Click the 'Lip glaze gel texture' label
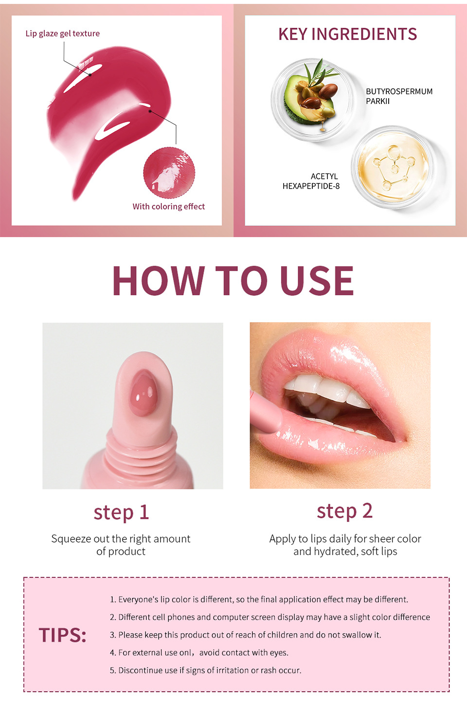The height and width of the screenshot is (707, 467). (62, 34)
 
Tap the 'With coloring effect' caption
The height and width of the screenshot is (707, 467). (168, 207)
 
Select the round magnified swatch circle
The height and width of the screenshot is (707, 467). (169, 173)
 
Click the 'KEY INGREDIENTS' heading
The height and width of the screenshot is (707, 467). (347, 34)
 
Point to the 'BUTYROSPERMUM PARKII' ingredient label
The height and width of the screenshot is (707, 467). (399, 96)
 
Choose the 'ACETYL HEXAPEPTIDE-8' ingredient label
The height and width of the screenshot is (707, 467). (312, 181)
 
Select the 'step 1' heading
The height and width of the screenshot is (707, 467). (121, 513)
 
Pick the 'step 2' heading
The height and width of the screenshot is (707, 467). (344, 511)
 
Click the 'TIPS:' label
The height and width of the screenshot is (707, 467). (63, 635)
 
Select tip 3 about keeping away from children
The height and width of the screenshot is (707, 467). (245, 635)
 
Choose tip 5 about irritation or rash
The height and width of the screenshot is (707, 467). (205, 671)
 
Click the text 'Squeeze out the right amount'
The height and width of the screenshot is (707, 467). (121, 539)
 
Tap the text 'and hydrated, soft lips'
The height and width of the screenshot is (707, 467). (345, 552)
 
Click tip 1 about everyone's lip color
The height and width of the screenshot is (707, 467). (259, 600)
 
